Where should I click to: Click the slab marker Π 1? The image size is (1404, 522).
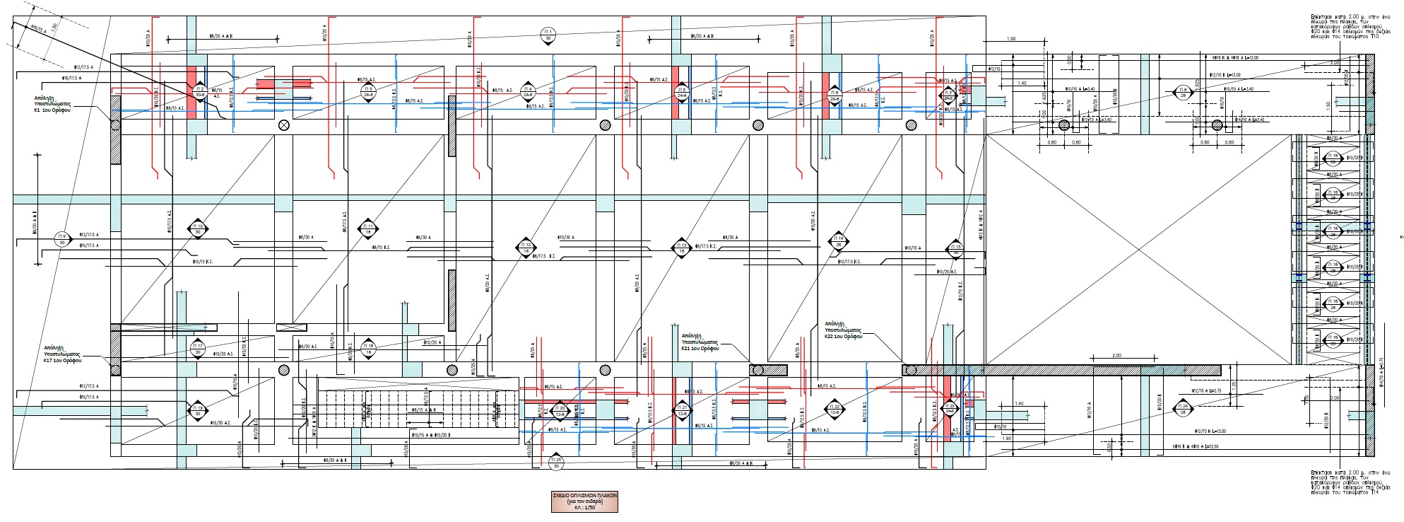(x=548, y=35)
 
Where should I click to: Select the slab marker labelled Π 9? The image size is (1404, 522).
(x=62, y=239)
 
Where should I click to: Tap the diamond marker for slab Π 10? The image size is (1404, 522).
(x=199, y=228)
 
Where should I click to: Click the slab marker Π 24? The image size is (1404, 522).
(x=1183, y=409)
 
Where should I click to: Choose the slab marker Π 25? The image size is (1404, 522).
(x=555, y=463)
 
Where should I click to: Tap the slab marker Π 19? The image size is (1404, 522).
(x=199, y=410)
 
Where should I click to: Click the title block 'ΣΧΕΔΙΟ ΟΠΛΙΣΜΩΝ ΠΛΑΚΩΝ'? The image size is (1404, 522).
(x=584, y=501)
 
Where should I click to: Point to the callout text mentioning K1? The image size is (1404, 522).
(x=52, y=103)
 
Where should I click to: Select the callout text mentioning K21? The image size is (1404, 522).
(x=700, y=342)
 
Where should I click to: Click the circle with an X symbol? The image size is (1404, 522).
(x=284, y=126)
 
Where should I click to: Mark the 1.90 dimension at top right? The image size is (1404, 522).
(x=1011, y=39)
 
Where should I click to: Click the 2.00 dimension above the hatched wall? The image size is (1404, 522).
(x=1116, y=356)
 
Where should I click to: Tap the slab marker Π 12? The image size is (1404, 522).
(x=525, y=248)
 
